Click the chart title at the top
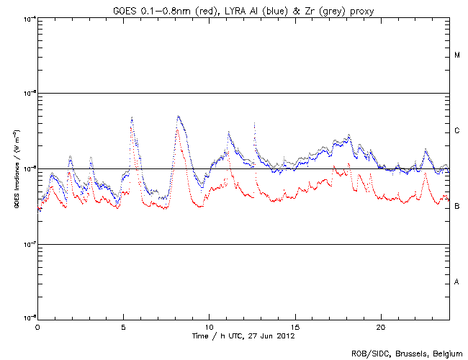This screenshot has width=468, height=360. point(243,9)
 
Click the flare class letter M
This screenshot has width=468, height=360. point(457,55)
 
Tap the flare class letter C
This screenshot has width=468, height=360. point(457,131)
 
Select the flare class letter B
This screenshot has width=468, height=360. point(457,207)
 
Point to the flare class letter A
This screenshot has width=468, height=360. point(457,282)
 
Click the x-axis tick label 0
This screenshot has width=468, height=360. point(37,326)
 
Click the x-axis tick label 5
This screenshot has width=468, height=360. point(123,326)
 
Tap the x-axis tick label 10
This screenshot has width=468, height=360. point(209,326)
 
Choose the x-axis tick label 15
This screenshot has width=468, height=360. point(295,326)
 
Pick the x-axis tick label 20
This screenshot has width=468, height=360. point(381,326)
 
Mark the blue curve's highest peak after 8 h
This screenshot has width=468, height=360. point(179,116)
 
